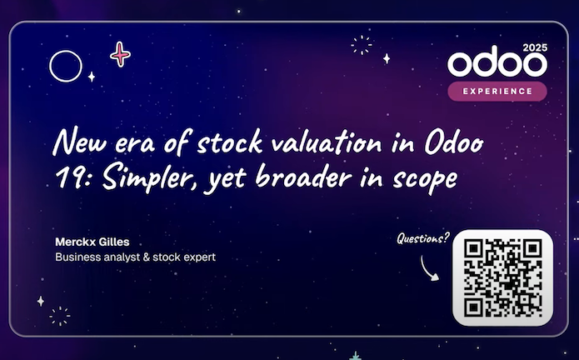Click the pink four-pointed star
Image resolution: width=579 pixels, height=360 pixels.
(x=120, y=54)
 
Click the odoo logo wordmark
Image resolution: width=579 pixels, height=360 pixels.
(x=497, y=65)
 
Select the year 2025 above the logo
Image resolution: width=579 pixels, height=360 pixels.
(x=535, y=47)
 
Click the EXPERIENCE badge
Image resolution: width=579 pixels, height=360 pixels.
(x=497, y=91)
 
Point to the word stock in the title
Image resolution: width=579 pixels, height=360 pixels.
(x=230, y=142)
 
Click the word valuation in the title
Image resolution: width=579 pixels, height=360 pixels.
(x=327, y=142)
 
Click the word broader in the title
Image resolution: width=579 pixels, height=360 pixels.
(x=303, y=177)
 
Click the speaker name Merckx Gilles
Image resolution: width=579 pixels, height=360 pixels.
(x=92, y=242)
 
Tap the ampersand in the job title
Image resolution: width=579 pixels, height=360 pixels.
(x=147, y=257)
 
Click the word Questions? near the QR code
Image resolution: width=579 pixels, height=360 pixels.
(x=423, y=238)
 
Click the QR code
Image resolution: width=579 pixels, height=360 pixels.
(x=503, y=277)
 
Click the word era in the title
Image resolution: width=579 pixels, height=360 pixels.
(x=135, y=144)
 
